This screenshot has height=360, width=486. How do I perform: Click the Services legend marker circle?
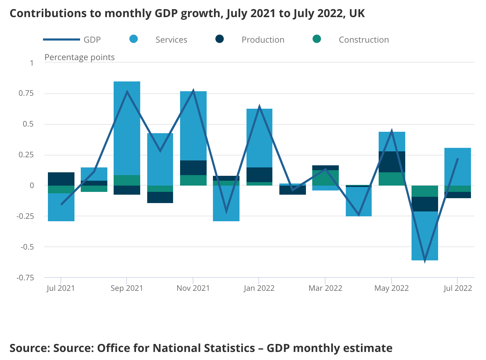134,39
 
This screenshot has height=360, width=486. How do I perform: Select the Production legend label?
263,40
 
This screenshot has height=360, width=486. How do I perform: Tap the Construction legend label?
364,40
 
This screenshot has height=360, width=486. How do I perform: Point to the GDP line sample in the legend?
62,39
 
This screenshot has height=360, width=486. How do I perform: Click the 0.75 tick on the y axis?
26,93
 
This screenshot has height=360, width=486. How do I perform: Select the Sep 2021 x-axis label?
127,288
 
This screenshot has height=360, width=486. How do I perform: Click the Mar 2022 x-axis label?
325,288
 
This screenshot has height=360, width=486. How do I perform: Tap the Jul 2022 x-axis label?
457,288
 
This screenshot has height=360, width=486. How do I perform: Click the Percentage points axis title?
79,57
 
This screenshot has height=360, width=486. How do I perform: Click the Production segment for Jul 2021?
61,179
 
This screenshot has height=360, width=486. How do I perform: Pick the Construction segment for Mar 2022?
326,178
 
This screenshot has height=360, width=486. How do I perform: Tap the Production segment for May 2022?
392,161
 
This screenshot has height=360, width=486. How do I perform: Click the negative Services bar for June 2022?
425,236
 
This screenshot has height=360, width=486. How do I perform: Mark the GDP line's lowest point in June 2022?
425,260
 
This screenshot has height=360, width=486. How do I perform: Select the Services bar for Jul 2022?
458,166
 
